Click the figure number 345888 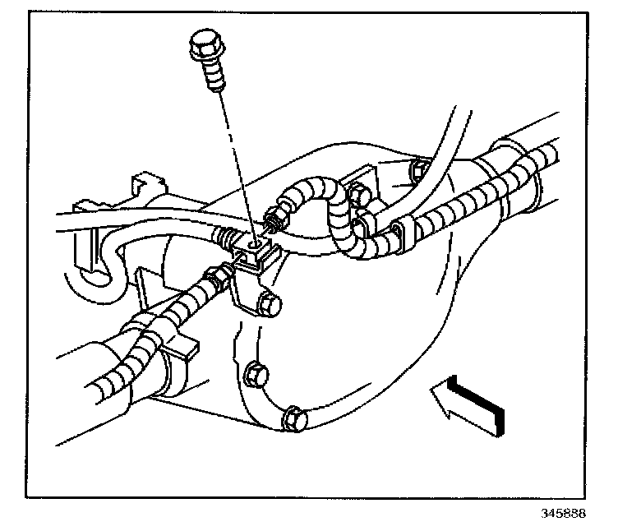(563, 514)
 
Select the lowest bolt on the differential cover (293, 418)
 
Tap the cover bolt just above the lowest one (256, 374)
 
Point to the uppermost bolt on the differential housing (417, 171)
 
